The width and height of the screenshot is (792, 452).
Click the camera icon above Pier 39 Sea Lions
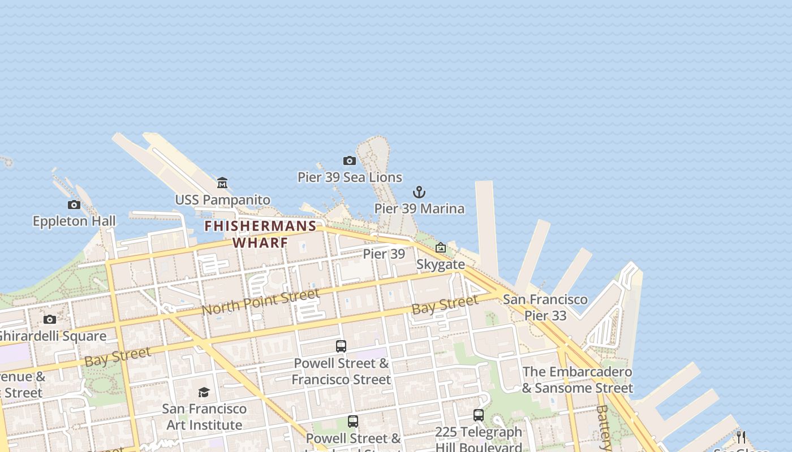pyautogui.click(x=350, y=161)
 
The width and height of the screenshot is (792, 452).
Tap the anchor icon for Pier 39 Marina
pyautogui.click(x=419, y=192)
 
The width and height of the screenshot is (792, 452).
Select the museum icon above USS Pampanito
pyautogui.click(x=222, y=183)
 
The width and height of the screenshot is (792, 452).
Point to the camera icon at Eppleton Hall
pyautogui.click(x=74, y=205)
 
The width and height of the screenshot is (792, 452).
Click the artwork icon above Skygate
pyautogui.click(x=441, y=247)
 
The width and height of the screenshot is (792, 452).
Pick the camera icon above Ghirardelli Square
pyautogui.click(x=50, y=320)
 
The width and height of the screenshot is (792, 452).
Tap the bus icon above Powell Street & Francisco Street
pyautogui.click(x=341, y=346)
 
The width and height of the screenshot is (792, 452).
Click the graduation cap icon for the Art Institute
pyautogui.click(x=204, y=392)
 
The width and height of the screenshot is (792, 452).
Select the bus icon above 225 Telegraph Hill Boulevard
pyautogui.click(x=479, y=416)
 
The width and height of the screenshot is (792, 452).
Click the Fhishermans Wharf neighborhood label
pyautogui.click(x=260, y=234)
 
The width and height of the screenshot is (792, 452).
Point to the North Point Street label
pyautogui.click(x=260, y=302)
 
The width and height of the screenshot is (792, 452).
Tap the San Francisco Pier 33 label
pyautogui.click(x=545, y=307)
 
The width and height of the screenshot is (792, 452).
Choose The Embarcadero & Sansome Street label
pyautogui.click(x=577, y=380)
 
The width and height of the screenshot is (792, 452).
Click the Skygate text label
pyautogui.click(x=441, y=264)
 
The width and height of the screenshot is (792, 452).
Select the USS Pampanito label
pyautogui.click(x=222, y=200)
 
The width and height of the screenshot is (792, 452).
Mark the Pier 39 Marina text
pyautogui.click(x=419, y=208)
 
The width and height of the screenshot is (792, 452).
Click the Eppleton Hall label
pyautogui.click(x=74, y=221)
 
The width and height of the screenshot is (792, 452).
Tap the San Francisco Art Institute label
pyautogui.click(x=204, y=416)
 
